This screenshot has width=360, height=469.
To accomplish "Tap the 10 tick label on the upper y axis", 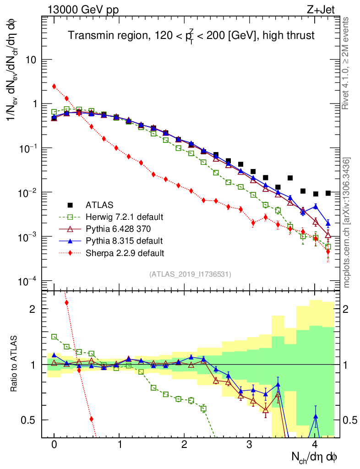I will click(x=31, y=60).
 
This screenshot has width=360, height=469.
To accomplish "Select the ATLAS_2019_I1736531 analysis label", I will click(x=190, y=274).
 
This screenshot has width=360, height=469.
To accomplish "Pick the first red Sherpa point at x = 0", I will click(x=54, y=86).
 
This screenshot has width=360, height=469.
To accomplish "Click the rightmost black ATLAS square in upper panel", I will click(x=328, y=193).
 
